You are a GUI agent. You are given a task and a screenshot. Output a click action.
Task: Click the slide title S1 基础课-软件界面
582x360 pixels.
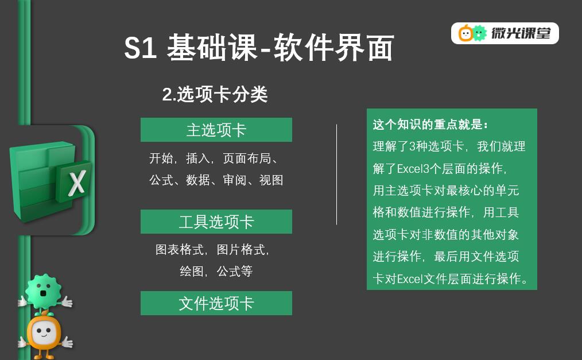point(259,48)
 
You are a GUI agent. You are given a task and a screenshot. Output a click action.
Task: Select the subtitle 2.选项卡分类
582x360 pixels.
point(215,94)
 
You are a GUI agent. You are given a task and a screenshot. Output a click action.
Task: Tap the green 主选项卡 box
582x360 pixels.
point(216,130)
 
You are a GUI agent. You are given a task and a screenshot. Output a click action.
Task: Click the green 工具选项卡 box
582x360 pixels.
point(216,222)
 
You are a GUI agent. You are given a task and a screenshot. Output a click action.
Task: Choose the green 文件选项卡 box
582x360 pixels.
point(216,303)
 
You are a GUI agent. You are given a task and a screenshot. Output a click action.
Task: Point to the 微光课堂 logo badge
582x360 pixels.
point(505,33)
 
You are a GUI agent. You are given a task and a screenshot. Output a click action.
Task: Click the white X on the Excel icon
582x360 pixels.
point(77,183)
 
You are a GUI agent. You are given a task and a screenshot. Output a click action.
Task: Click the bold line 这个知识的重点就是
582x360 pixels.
point(430,125)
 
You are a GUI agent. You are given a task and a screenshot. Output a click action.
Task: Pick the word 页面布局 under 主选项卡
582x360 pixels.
point(247,158)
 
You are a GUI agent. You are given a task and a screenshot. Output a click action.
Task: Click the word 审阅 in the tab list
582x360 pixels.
point(235,180)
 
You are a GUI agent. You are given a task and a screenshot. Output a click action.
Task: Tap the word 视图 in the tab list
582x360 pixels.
point(271,180)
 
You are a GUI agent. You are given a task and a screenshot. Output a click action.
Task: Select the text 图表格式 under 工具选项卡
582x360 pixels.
point(180,249)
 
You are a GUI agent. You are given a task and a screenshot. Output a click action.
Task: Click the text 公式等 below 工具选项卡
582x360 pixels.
point(235,272)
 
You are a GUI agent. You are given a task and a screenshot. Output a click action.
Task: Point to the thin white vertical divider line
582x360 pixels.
point(337,175)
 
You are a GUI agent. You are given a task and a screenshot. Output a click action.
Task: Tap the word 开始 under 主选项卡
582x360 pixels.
point(161,158)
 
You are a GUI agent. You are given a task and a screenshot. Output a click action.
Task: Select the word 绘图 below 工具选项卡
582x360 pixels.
point(192,272)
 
